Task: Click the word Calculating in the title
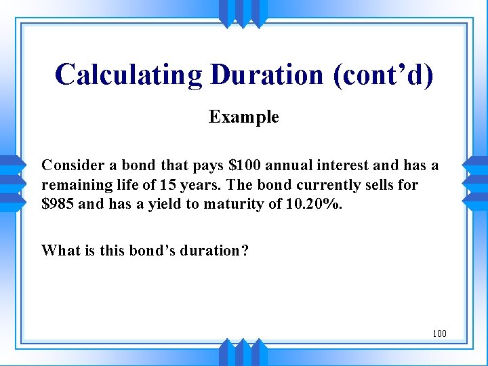[129, 75]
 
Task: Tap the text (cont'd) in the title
[382, 75]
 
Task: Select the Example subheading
[243, 117]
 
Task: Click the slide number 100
[439, 333]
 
